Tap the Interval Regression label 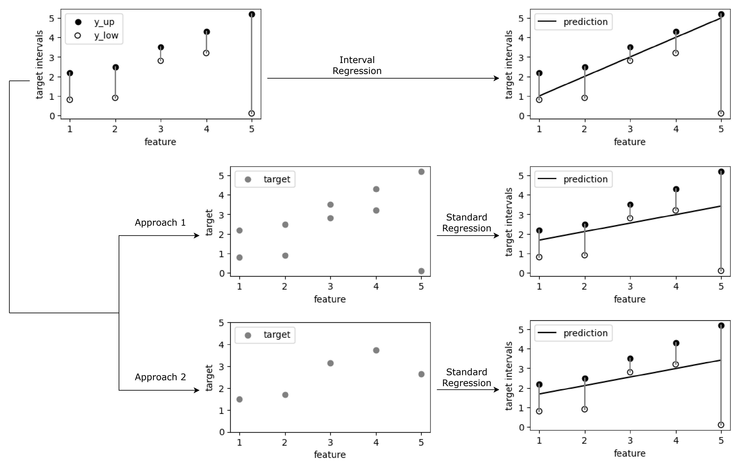[357, 65]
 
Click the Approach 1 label [160, 223]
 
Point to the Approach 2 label [160, 377]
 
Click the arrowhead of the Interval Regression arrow [497, 78]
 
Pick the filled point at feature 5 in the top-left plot [252, 14]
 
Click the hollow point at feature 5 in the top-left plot [252, 113]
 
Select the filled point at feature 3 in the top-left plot [161, 47]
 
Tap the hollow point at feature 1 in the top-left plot [70, 100]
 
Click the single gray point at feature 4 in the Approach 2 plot [376, 350]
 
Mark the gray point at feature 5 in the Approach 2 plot [421, 374]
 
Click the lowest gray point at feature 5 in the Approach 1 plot [421, 271]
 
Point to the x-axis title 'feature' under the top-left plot [160, 142]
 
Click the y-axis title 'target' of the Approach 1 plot [209, 222]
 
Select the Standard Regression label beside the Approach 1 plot [467, 223]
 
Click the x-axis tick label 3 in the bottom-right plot [630, 441]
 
